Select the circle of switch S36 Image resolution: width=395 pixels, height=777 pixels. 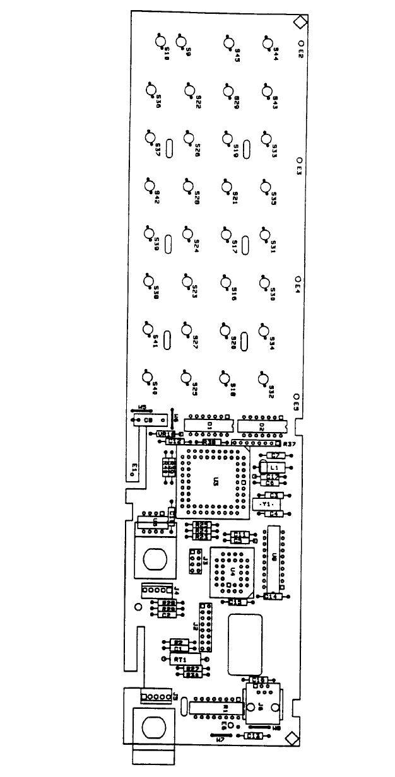pyautogui.click(x=151, y=90)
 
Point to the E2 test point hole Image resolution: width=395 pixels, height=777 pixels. pyautogui.click(x=301, y=44)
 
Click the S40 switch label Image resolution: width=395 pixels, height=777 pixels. pyautogui.click(x=154, y=386)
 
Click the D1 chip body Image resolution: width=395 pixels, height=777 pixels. pyautogui.click(x=209, y=424)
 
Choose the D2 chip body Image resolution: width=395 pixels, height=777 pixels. pyautogui.click(x=261, y=425)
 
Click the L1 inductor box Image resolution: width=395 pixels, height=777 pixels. pyautogui.click(x=274, y=467)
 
